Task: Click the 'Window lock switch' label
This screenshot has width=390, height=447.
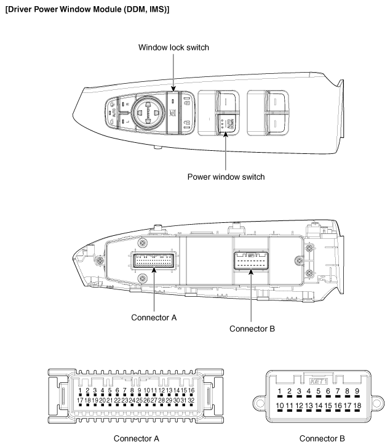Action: coord(173,47)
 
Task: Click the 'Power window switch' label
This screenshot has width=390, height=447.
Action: coord(226,177)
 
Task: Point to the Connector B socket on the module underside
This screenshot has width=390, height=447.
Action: coord(251,261)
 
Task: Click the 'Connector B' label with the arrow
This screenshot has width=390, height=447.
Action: coord(252,328)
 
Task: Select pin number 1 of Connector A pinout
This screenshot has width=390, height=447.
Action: coord(81,390)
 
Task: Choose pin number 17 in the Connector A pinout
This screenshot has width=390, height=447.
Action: coord(81,401)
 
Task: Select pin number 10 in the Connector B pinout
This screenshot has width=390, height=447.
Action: coord(280,406)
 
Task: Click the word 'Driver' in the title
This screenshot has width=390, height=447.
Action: coord(20,10)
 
